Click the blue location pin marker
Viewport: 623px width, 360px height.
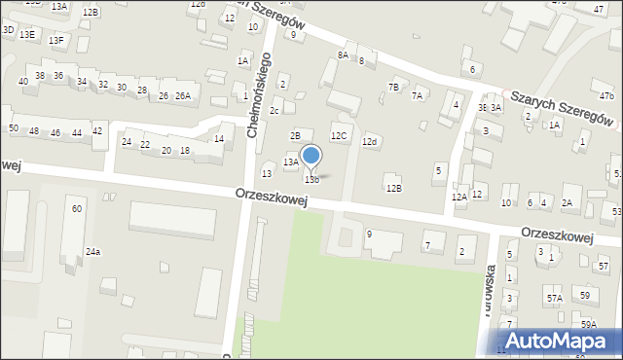[311, 156]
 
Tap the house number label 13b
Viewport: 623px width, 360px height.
[311, 179]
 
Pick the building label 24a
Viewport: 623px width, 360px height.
[92, 252]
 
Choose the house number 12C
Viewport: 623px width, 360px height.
[339, 136]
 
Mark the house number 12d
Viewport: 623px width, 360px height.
[369, 142]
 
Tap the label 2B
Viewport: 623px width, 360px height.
[296, 135]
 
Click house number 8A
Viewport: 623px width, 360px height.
[343, 55]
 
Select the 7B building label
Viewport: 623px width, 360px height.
[393, 88]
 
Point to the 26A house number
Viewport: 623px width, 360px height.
[183, 95]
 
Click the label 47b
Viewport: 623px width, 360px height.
[606, 95]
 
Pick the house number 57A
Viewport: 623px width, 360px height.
[554, 298]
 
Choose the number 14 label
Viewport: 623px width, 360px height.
[219, 139]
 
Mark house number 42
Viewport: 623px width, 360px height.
[96, 130]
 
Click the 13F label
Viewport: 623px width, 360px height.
[56, 40]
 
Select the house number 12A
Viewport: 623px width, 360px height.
[458, 197]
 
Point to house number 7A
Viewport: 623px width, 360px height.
[417, 95]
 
